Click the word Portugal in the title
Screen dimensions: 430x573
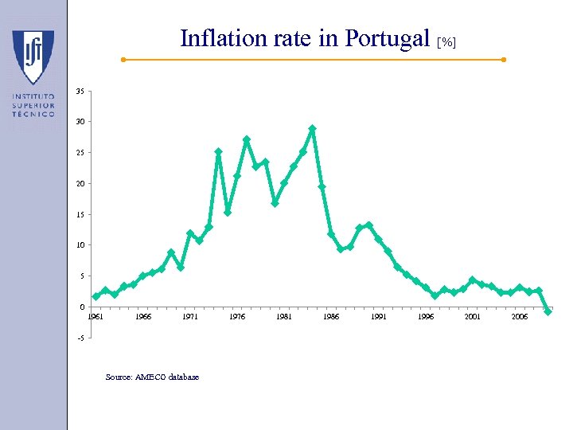[x=385, y=38]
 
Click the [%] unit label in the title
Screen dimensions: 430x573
[x=447, y=41]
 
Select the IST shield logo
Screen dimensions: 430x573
[x=33, y=57]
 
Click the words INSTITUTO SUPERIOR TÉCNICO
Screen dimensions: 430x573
[x=33, y=105]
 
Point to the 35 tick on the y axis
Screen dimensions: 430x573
[x=80, y=92]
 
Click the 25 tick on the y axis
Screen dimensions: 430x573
[x=80, y=153]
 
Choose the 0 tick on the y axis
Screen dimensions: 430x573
[x=81, y=307]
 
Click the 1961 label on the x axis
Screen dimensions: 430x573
[x=95, y=317]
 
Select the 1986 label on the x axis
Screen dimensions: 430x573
[x=331, y=317]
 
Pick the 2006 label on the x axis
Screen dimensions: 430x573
[x=520, y=317]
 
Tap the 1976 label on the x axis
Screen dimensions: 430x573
[x=237, y=317]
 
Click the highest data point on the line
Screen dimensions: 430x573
[x=313, y=128]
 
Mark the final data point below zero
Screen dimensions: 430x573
[x=548, y=311]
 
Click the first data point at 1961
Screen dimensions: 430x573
[x=95, y=296]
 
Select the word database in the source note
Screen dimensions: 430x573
[x=185, y=377]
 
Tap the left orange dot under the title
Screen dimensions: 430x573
[x=123, y=60]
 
